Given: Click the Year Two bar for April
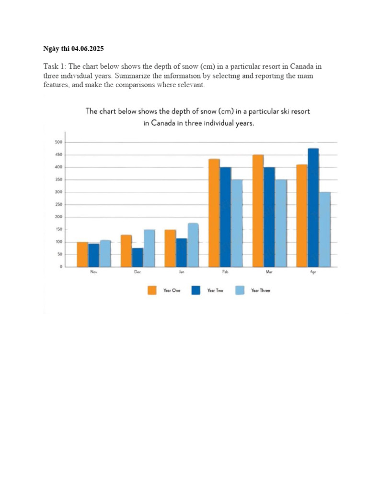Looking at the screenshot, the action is click(313, 208).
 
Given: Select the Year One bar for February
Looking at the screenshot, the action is click(214, 213).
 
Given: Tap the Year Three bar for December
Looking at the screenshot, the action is click(149, 248).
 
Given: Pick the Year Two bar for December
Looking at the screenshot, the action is click(138, 257).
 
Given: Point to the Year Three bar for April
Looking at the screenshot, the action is click(325, 229).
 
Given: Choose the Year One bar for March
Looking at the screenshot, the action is click(258, 211).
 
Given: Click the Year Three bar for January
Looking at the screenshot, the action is click(193, 245).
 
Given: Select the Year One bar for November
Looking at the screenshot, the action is click(82, 255).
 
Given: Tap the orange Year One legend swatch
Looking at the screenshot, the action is click(152, 290).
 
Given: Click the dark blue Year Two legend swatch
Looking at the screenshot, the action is click(195, 290).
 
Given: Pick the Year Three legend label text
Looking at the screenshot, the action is click(260, 290).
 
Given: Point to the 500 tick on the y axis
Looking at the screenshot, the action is click(59, 142).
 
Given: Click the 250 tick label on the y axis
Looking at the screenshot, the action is click(59, 205).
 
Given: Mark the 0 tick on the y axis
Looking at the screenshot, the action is click(61, 267).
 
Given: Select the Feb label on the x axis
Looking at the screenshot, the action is click(225, 272).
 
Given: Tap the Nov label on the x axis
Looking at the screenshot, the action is click(93, 272).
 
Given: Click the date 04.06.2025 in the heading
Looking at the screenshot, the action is click(87, 49).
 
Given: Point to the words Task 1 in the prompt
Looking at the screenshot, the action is click(55, 67).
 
